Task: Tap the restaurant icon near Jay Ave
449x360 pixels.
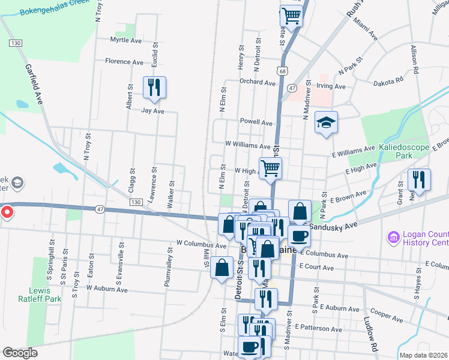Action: tap(155, 88)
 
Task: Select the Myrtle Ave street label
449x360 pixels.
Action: tap(126, 40)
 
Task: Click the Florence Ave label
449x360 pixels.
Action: tap(124, 61)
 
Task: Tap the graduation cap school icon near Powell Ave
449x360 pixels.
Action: tap(326, 123)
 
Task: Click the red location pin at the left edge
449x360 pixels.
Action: tap(7, 212)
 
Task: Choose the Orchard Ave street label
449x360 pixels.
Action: tap(256, 82)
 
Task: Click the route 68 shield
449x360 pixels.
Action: tap(282, 71)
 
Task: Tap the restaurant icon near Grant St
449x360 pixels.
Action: tap(418, 180)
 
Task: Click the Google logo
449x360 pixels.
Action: tap(20, 353)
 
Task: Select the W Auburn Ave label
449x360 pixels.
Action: tap(107, 289)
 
